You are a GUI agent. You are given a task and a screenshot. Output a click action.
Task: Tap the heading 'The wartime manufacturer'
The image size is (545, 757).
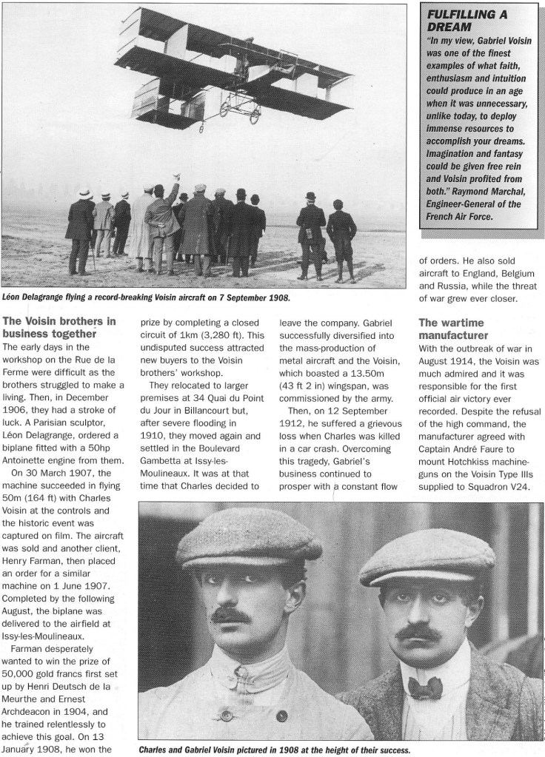[451, 329]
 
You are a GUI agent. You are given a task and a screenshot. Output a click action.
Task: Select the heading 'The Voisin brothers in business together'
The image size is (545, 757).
[60, 327]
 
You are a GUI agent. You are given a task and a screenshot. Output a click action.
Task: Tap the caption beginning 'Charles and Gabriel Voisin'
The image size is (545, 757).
[274, 748]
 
